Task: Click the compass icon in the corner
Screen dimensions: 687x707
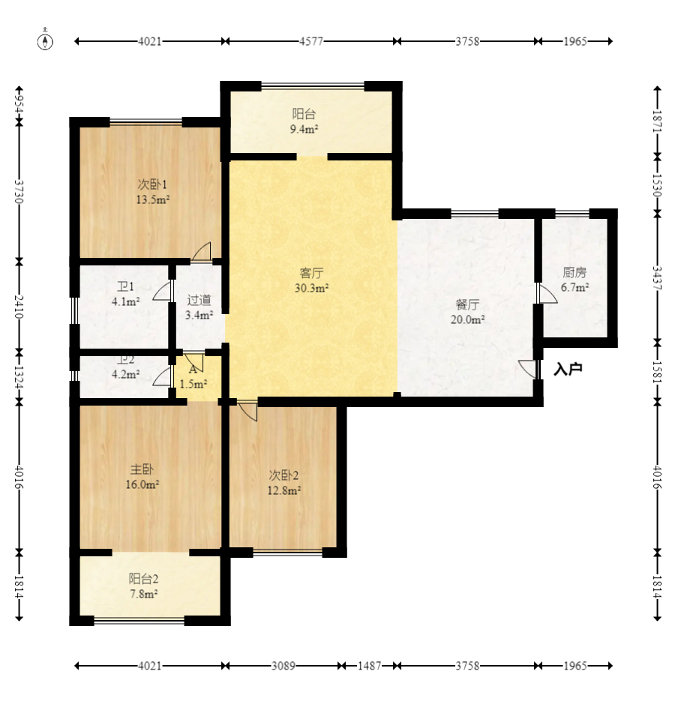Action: [45, 41]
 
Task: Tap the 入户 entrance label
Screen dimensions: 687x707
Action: [568, 370]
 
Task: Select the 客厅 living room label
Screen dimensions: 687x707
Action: [311, 273]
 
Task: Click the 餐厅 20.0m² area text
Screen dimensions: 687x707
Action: [468, 319]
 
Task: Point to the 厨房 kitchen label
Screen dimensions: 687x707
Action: [574, 272]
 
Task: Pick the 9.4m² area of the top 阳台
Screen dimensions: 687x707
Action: [304, 130]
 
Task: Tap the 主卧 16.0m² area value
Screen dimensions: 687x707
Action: [142, 485]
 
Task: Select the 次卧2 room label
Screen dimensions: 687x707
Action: [283, 475]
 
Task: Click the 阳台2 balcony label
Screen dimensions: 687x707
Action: [143, 579]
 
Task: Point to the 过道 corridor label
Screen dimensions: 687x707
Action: [199, 300]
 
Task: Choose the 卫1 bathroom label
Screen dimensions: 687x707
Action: [125, 286]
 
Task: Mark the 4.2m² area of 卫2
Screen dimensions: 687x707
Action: [125, 374]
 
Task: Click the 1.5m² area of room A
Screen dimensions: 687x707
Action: [193, 384]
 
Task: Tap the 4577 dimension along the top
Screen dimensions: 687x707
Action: [311, 41]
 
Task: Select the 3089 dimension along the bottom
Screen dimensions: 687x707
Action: [283, 666]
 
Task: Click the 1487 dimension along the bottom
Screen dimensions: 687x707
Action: [370, 666]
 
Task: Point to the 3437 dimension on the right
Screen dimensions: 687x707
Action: [657, 278]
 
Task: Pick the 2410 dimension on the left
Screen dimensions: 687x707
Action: [19, 307]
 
